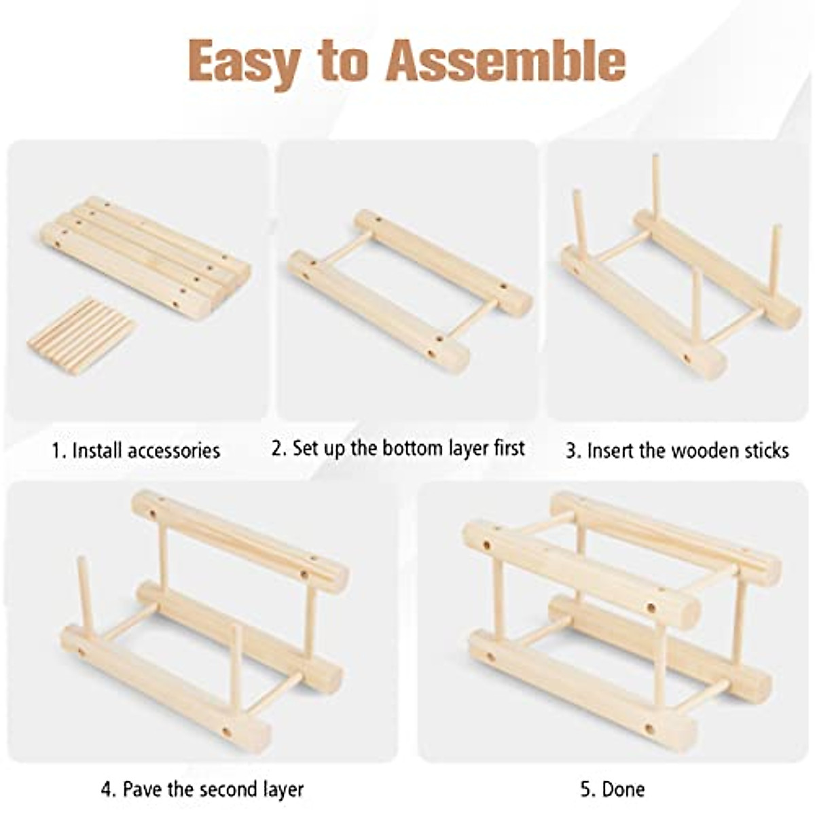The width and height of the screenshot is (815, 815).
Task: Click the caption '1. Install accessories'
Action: click(x=136, y=451)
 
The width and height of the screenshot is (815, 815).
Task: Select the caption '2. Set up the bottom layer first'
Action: click(x=398, y=449)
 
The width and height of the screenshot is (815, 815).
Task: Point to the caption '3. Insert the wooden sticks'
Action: click(x=677, y=451)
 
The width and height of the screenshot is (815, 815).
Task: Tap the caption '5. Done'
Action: click(x=613, y=789)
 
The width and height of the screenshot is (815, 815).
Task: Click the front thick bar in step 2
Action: click(x=378, y=312)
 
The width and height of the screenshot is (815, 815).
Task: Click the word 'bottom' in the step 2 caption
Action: click(x=414, y=449)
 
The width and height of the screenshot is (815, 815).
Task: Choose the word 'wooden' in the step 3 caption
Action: click(x=704, y=451)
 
